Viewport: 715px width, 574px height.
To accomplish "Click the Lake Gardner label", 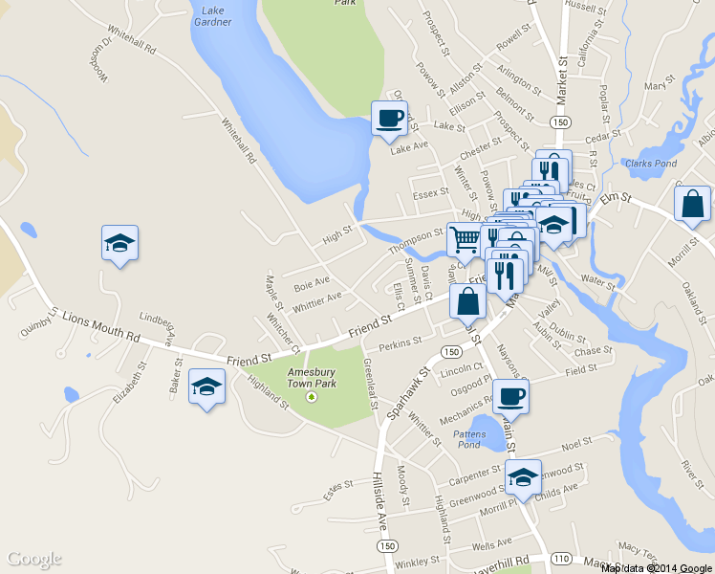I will click(211, 15).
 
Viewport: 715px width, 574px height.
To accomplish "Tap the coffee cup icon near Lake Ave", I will click(389, 119).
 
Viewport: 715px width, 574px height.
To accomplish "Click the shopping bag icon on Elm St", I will click(692, 204).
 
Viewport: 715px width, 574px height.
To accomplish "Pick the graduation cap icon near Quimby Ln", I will click(119, 243).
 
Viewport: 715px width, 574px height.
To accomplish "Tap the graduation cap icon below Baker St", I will click(206, 386).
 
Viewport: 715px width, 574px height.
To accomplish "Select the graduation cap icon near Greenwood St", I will click(523, 476).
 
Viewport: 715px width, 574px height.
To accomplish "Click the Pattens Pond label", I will click(467, 439).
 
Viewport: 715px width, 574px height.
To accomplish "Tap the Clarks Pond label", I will click(651, 164).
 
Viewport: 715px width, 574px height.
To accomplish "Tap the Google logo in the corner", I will click(34, 559).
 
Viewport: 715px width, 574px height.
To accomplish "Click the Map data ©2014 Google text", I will click(657, 568).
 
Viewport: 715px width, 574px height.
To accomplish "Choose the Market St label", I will click(562, 77).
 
